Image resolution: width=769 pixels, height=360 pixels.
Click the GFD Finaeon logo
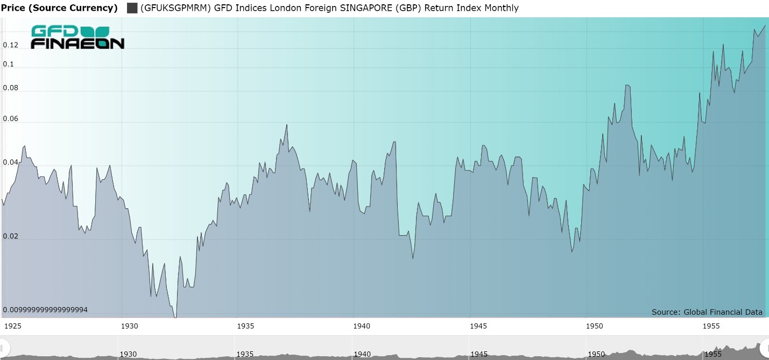77,37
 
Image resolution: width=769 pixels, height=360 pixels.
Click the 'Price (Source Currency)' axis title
59,8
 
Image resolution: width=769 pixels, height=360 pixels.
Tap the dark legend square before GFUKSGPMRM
132,8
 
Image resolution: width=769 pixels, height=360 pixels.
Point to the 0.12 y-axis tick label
11,45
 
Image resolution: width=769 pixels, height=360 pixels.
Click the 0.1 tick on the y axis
9,64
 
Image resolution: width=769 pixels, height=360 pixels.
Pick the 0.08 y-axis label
11,88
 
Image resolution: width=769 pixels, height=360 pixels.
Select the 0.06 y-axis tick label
11,119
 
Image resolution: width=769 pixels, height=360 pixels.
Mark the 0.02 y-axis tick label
11,237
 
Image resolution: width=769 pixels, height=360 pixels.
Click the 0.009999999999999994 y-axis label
46,310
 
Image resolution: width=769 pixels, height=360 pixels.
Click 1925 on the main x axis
12,326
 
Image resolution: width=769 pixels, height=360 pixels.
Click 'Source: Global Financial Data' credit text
707,312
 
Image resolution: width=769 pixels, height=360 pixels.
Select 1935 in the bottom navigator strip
245,354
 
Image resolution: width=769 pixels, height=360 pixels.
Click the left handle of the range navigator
3,348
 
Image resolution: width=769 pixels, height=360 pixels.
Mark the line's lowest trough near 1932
175,317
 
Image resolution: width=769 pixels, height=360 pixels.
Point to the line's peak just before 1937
287,125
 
